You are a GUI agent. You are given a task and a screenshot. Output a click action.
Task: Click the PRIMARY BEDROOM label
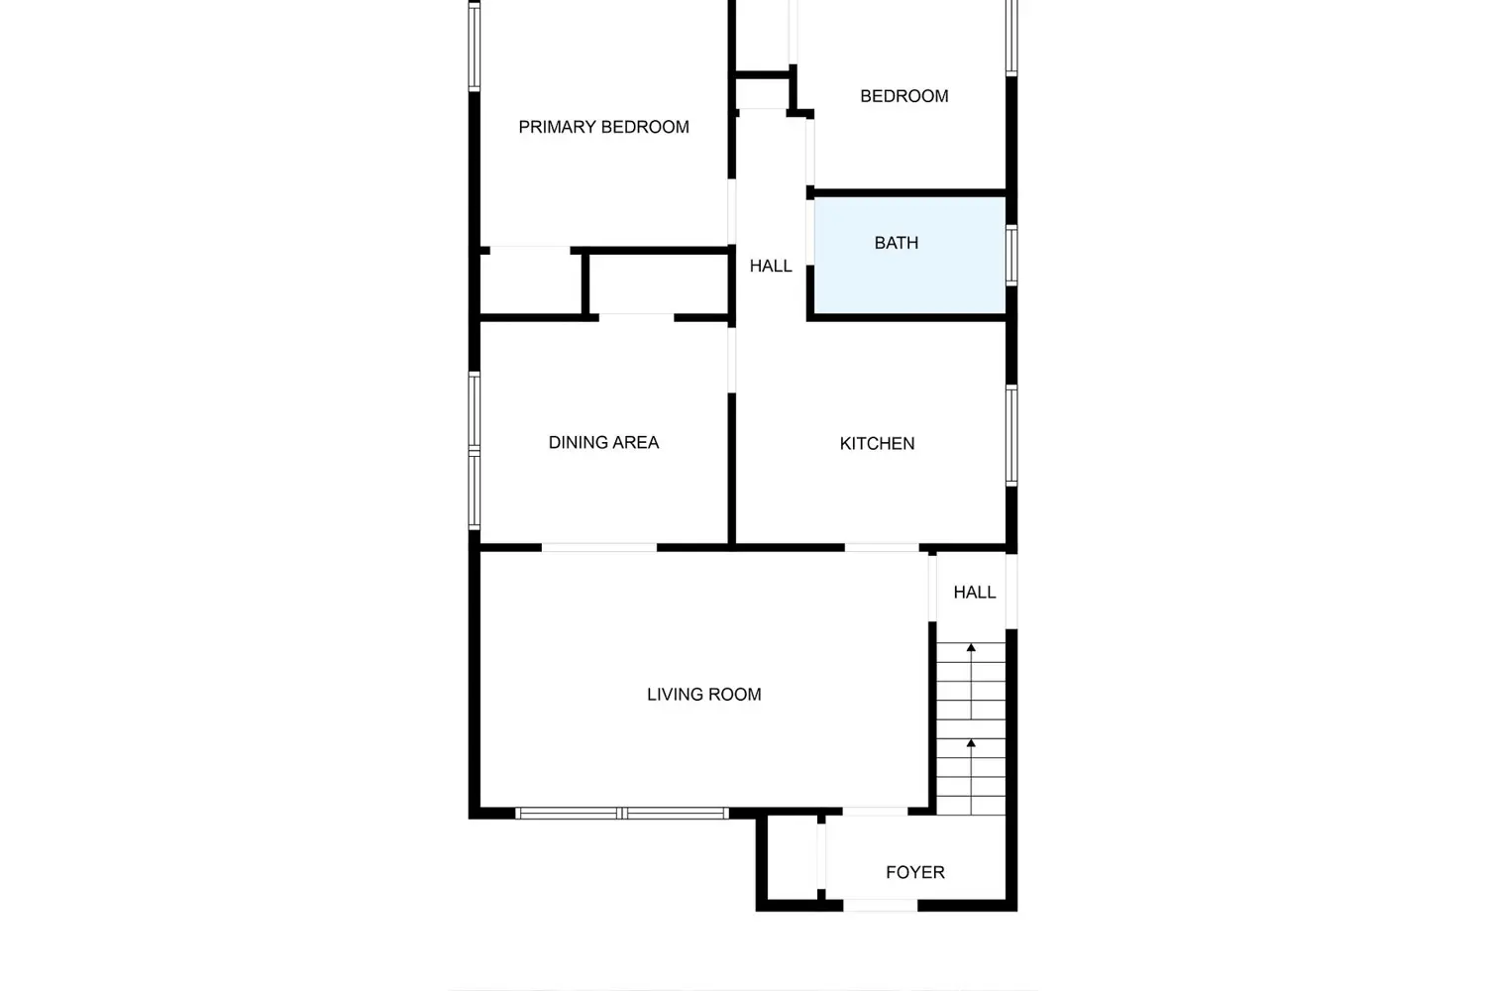pos(603,127)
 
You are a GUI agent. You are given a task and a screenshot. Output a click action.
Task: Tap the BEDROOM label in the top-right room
pos(903,96)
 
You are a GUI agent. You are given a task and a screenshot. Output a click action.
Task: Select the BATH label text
pos(896,243)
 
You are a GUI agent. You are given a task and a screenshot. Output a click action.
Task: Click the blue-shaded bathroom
pos(908,277)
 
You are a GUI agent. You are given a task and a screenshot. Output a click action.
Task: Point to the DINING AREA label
pos(603,442)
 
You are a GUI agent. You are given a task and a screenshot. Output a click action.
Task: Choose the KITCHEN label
pos(877,443)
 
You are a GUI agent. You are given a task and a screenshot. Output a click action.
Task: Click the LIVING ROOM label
pos(703,695)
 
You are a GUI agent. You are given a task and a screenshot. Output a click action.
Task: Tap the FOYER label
pos(914,872)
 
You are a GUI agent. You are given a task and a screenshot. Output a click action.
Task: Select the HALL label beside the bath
pos(770,266)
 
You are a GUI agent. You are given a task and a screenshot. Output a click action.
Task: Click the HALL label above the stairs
pos(974,592)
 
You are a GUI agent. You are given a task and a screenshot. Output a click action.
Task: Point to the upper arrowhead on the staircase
pos(971,648)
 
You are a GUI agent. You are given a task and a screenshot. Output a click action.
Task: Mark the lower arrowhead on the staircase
pos(971,742)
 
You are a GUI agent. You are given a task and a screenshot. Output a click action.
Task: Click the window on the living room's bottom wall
pos(622,814)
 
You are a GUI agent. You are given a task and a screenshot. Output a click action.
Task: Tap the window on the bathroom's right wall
pos(1011,255)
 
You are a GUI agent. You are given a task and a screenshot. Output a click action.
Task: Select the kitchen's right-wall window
pos(1011,435)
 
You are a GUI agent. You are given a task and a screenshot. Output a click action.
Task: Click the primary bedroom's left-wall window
pos(475,47)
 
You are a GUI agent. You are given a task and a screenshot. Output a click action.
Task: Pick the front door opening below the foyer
pos(880,905)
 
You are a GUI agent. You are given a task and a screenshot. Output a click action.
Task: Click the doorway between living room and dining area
pos(598,547)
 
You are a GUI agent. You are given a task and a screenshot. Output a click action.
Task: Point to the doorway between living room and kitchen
pos(881,547)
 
